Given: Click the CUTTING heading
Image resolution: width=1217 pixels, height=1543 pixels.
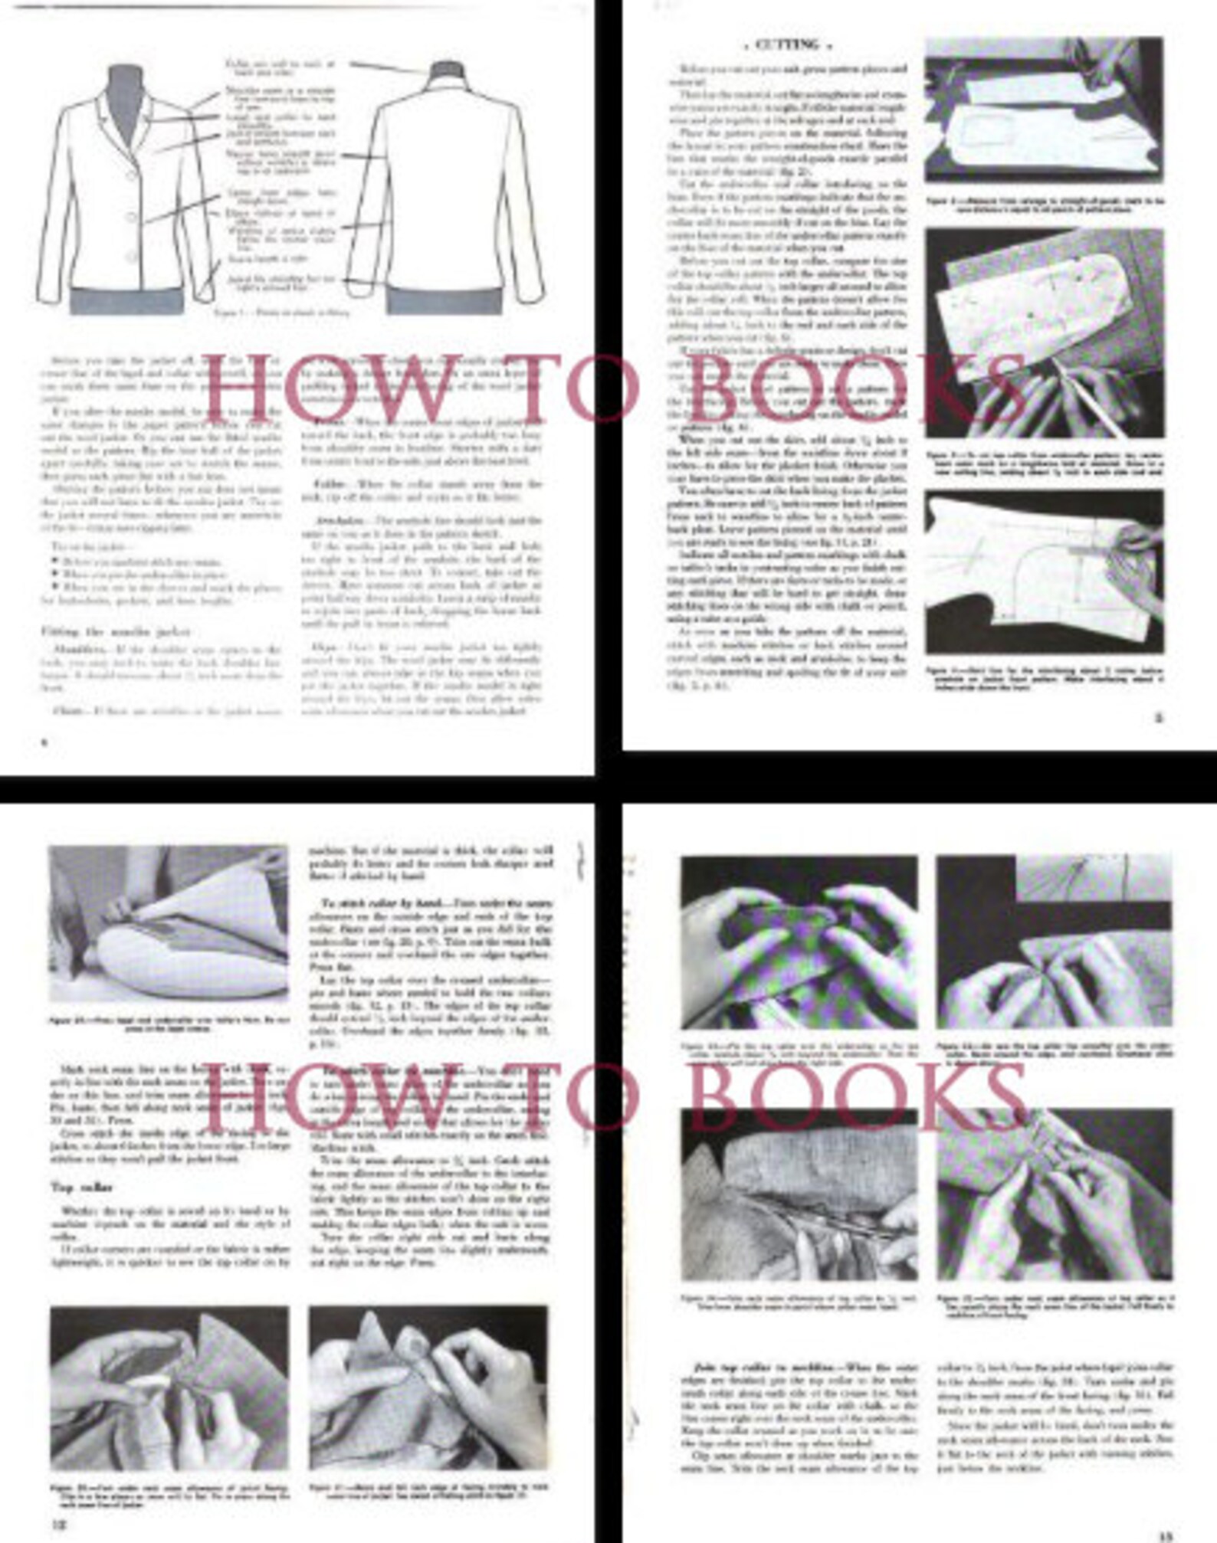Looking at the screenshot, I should tap(787, 45).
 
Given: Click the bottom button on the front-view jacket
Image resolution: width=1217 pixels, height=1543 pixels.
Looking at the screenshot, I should tap(133, 255).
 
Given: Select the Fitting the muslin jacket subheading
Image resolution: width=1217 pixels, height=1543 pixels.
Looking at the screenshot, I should tap(115, 632).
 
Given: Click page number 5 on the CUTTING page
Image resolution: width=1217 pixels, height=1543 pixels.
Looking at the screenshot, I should tap(1159, 718).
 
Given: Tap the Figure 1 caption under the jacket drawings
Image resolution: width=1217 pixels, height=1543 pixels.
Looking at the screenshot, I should tap(281, 313).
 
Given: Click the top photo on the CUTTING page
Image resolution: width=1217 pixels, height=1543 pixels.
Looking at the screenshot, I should tap(1044, 110).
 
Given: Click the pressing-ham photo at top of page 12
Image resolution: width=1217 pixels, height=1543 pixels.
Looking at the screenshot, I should tap(169, 923).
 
